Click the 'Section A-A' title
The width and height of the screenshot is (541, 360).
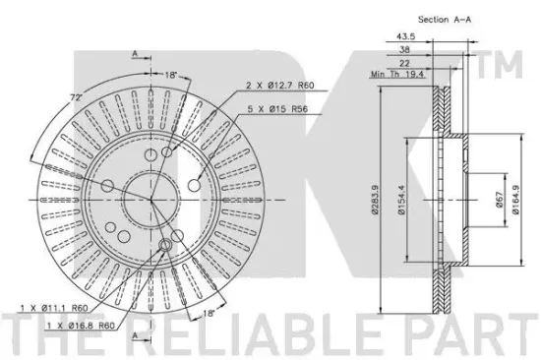(445, 20)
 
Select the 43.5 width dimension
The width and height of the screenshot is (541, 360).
(405, 36)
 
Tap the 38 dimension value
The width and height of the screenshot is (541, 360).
(404, 50)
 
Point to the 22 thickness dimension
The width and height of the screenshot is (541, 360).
(404, 63)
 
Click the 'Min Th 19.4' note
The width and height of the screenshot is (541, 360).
(397, 74)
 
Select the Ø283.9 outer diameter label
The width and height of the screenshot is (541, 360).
(375, 200)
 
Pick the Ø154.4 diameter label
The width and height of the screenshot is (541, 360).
(401, 200)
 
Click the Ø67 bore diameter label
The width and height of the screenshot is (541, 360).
(500, 200)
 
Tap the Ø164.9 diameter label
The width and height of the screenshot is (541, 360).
(515, 200)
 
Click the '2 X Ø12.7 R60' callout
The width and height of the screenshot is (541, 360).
(279, 86)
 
